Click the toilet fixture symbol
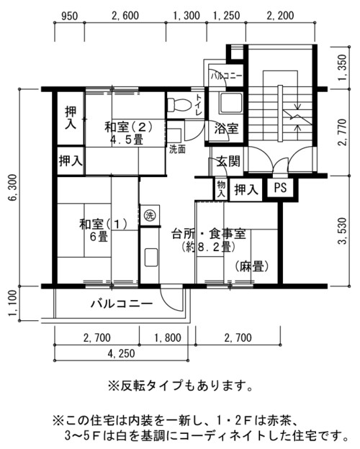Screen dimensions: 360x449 coord(179,105)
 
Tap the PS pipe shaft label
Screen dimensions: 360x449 coord(280,188)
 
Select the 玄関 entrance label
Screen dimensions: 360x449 coord(228,161)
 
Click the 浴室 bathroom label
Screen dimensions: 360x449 coord(226,129)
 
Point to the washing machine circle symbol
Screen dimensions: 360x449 coord(149,215)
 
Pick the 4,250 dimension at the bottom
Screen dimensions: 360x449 coord(121,354)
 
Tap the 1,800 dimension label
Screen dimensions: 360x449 coord(168,338)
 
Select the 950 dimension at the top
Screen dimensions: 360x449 coord(69,16)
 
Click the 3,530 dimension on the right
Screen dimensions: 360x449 coord(342,231)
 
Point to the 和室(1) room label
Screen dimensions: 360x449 coord(104,224)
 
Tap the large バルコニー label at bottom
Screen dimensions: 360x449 coord(122,304)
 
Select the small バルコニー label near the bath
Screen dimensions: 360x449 coord(226,76)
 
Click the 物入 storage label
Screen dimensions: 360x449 coord(221,189)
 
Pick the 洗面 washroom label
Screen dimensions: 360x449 coord(177,149)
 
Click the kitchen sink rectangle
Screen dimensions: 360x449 coord(150,258)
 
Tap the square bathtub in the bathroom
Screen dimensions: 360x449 coord(230,103)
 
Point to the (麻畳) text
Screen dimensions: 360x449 coord(252,266)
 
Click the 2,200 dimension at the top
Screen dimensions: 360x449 coord(280,16)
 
